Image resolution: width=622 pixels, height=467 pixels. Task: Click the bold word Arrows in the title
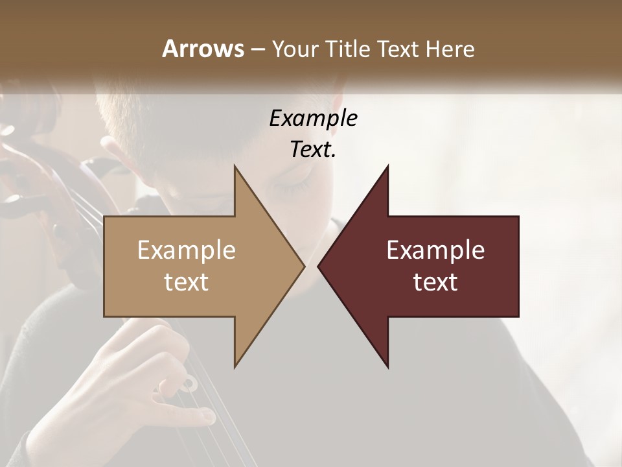click(203, 49)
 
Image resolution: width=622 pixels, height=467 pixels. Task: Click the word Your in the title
click(295, 49)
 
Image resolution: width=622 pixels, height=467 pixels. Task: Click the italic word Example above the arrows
click(313, 118)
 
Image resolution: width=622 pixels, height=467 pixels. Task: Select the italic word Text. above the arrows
click(313, 149)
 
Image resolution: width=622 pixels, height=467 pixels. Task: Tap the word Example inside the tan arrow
click(186, 250)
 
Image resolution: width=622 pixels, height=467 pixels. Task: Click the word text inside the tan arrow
click(186, 282)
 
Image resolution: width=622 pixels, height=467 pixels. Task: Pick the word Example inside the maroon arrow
click(435, 250)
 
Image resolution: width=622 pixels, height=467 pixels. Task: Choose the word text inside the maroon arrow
click(435, 282)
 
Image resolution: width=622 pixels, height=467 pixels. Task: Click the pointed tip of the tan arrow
click(303, 266)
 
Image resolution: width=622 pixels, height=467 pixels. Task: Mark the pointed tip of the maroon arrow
click(319, 266)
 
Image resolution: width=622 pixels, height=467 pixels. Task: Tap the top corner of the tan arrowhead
click(235, 166)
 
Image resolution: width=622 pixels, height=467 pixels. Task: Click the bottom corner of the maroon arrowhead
click(387, 366)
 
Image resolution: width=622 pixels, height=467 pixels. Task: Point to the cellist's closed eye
click(288, 189)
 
